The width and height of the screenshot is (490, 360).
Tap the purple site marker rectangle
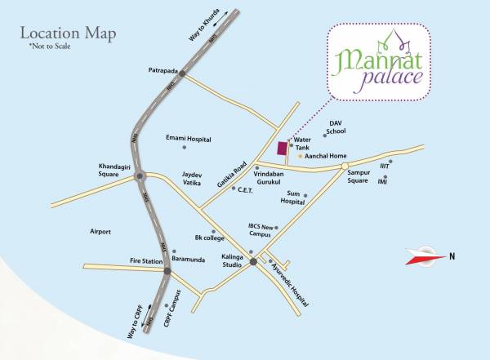click(283, 149)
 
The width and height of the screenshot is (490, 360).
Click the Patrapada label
click(163, 69)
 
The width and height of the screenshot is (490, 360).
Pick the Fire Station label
click(147, 261)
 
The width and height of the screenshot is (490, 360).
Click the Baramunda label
click(189, 259)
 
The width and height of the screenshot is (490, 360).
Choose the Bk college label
click(209, 238)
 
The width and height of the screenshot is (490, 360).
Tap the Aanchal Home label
click(326, 155)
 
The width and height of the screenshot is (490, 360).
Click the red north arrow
click(424, 257)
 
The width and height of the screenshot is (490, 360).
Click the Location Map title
click(68, 34)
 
